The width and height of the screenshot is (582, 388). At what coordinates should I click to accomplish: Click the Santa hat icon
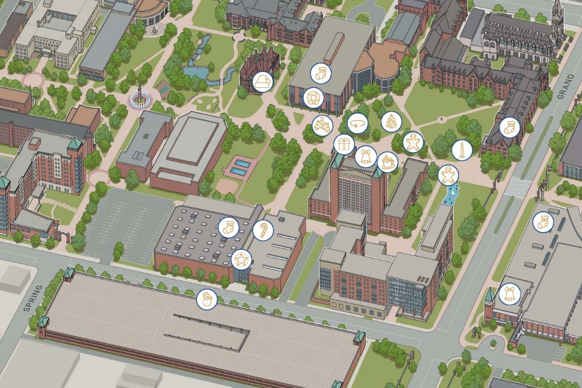pos(263,82)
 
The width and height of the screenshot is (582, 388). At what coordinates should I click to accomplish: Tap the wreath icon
pos(313,97)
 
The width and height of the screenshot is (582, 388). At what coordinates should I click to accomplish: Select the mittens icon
pos(322,125)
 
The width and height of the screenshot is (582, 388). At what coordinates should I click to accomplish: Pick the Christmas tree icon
pos(391,121)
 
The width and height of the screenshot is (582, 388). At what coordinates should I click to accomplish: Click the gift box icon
pos(344,144)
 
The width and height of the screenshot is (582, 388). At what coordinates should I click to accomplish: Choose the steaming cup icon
pos(387,161)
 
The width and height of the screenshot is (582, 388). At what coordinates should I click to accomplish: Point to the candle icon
pos(462,150)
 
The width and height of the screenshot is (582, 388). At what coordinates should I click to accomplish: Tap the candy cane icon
pos(263,230)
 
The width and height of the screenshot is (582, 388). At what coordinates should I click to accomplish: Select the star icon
pos(241,259)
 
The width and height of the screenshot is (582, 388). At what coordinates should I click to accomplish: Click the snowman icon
pos(207,299)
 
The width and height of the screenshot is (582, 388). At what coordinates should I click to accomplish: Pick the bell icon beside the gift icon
pos(365,156)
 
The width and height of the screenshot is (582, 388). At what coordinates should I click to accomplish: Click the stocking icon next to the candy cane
pos(229,227)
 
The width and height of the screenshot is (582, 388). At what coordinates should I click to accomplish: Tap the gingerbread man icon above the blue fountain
pos(448,175)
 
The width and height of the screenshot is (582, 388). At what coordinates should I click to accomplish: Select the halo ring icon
pos(358,123)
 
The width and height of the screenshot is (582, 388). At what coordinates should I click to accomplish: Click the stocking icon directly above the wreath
pos(321,73)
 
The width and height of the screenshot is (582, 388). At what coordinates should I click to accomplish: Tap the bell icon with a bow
pos(509,295)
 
